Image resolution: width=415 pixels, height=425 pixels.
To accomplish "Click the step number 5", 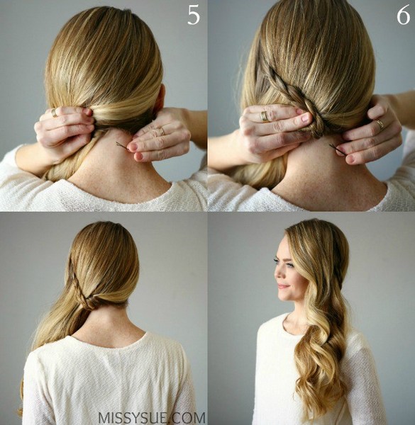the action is (194, 15).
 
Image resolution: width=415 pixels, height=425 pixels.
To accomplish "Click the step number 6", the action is (403, 15).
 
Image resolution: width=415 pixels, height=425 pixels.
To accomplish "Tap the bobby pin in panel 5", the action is (123, 146).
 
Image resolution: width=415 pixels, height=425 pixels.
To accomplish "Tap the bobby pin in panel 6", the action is (338, 149).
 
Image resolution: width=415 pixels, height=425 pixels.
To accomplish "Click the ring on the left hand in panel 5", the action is (55, 113).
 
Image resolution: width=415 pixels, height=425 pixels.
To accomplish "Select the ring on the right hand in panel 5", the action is (162, 132).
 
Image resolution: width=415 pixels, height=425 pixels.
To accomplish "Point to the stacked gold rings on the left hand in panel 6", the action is (264, 116).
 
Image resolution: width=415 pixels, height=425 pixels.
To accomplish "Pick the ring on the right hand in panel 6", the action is (380, 125).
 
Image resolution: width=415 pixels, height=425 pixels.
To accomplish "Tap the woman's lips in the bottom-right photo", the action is (282, 286).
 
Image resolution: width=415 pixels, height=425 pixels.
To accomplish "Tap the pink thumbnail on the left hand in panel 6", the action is (306, 117).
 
